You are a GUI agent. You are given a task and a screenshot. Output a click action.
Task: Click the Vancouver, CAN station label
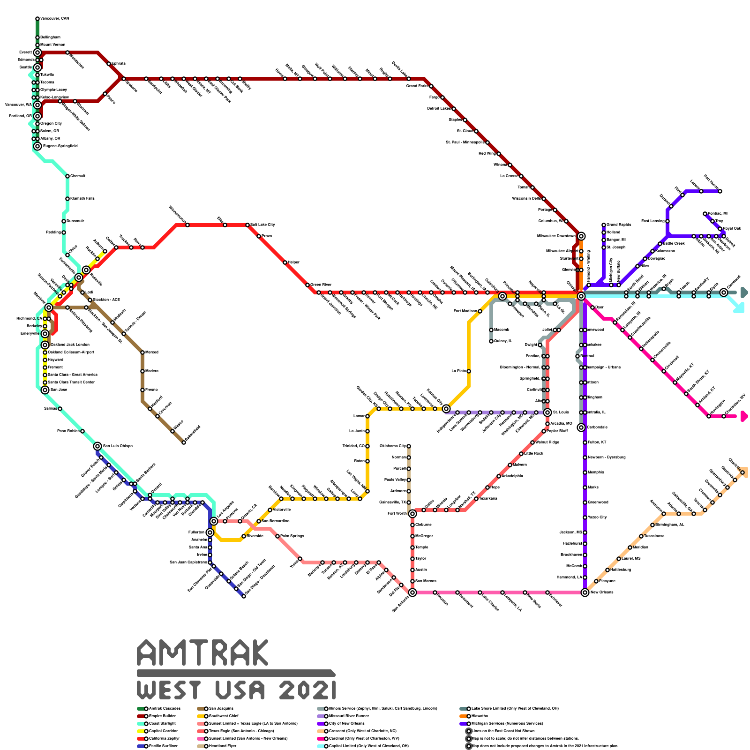tap(54, 19)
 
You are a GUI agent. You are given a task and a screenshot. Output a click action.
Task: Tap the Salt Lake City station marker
tap(247, 225)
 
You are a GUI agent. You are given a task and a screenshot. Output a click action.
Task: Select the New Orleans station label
tap(602, 592)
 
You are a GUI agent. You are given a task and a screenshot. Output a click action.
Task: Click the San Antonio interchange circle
tap(412, 592)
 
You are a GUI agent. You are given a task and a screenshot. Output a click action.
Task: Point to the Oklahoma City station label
tap(392, 446)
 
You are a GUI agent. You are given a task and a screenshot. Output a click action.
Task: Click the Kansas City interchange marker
tap(446, 409)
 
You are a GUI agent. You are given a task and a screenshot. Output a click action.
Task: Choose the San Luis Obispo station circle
tap(97, 446)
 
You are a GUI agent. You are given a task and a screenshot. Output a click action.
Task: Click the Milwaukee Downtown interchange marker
tap(581, 236)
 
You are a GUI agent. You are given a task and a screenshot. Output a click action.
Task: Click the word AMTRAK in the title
tap(203, 652)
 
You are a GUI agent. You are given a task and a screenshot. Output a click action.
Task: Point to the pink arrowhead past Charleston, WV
tap(743, 416)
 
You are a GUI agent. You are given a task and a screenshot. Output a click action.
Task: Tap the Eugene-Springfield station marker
tap(37, 146)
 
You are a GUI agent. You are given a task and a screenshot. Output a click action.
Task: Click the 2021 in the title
tap(307, 690)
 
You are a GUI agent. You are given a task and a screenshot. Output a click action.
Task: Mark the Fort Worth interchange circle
tap(412, 514)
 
